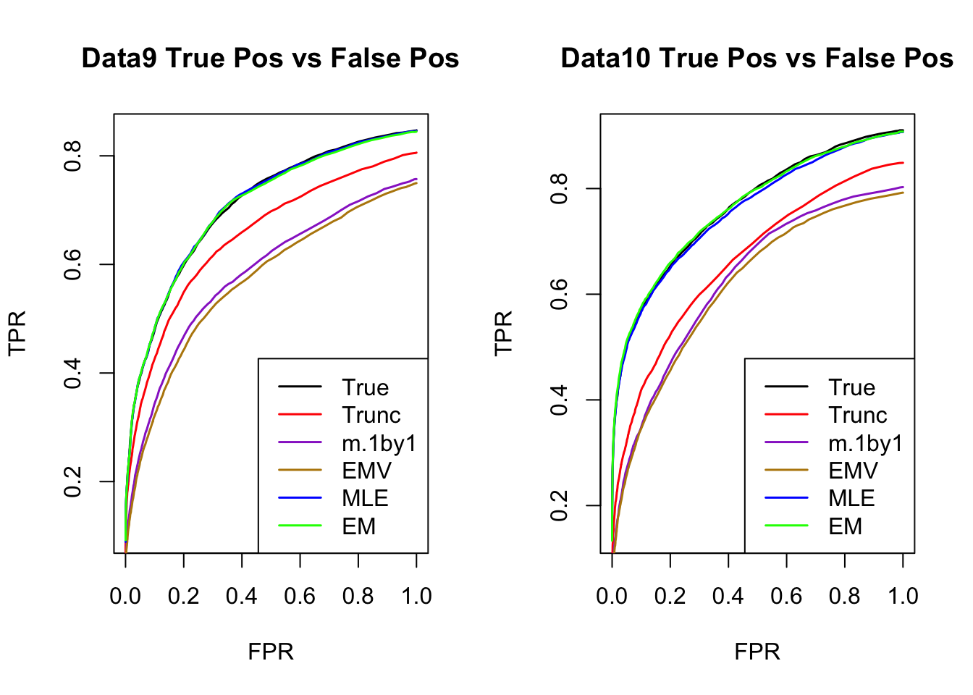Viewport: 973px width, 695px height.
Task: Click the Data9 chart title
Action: click(x=270, y=59)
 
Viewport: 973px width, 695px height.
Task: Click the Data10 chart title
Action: click(x=757, y=59)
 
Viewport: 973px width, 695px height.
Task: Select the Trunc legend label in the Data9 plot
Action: click(x=371, y=416)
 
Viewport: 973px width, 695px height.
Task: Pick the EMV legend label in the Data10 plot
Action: click(x=853, y=471)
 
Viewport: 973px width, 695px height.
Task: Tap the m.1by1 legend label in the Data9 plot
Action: click(x=379, y=443)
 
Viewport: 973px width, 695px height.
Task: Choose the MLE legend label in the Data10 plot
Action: click(x=851, y=499)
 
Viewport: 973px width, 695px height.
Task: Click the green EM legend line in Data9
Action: click(x=300, y=526)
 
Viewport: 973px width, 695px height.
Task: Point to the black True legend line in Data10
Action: click(x=786, y=387)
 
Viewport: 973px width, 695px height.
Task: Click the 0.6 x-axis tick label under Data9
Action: click(x=300, y=597)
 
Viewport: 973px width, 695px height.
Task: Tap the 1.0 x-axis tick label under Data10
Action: click(x=903, y=597)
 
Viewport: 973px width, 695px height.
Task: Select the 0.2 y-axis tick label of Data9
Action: click(x=73, y=481)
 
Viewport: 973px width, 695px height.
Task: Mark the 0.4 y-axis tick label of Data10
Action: click(x=560, y=400)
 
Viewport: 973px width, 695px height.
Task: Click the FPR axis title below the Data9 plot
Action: click(x=271, y=652)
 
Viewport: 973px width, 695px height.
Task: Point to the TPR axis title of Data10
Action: click(x=503, y=333)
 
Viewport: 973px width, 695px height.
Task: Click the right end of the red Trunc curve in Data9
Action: click(x=416, y=153)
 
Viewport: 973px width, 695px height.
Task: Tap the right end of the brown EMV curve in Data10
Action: click(x=902, y=193)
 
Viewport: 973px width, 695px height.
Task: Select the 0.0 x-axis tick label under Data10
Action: click(x=612, y=597)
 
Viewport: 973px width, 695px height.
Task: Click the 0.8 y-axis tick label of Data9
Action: click(x=73, y=156)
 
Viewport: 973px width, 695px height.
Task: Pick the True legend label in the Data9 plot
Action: click(x=366, y=388)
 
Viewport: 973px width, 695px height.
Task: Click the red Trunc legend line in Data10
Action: click(x=786, y=415)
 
